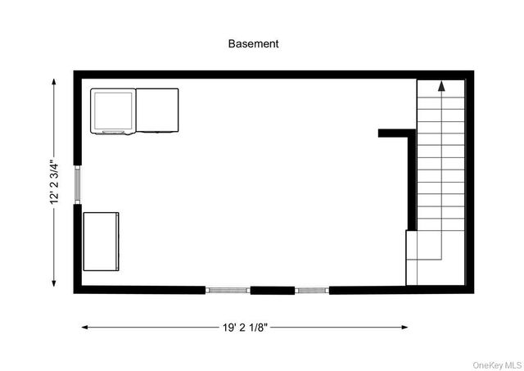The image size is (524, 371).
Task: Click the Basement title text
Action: (253, 44)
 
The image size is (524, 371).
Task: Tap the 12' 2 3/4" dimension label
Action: (55, 182)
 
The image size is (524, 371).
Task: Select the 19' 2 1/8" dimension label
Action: (245, 327)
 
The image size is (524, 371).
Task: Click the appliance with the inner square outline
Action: (113, 111)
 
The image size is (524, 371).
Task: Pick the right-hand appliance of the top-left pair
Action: (156, 110)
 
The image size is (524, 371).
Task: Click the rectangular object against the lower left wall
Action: (102, 242)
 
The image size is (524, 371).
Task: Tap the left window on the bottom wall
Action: (227, 289)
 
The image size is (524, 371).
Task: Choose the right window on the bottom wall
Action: (312, 289)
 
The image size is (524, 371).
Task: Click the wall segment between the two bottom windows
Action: (272, 289)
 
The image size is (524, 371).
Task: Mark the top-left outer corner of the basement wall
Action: (75, 73)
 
